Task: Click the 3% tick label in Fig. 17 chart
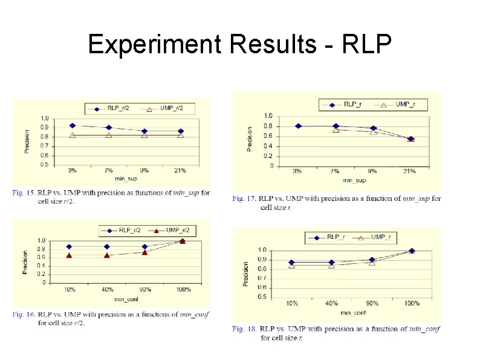(297, 171)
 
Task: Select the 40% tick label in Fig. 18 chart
(331, 303)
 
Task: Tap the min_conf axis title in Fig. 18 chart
(353, 312)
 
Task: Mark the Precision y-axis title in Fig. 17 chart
(250, 139)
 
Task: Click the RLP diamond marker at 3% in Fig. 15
(73, 125)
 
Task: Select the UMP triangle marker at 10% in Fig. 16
(70, 255)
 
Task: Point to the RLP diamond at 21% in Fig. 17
(410, 139)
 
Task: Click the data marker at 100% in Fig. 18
(412, 250)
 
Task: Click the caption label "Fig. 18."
(244, 329)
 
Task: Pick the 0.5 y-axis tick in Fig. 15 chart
(45, 164)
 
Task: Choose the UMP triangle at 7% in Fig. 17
(336, 129)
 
